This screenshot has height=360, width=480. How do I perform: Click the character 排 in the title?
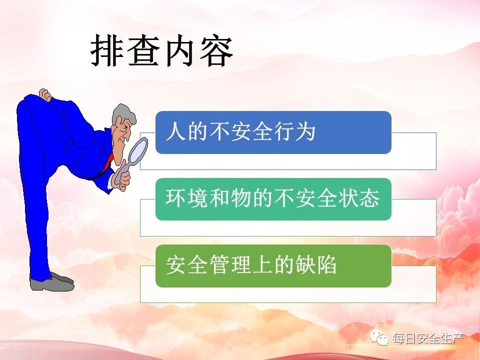107,50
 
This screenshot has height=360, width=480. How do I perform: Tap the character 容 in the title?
216,50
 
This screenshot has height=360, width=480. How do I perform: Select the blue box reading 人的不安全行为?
273,132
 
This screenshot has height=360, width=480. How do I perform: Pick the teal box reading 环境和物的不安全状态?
273,199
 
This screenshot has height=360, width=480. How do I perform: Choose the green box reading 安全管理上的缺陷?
273,265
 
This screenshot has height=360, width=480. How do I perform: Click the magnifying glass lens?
138,150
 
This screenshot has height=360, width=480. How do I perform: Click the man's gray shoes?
52,282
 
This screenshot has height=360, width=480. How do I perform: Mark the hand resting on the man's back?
45,95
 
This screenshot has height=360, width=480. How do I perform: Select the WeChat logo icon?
379,337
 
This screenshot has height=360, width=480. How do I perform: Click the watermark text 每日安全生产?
428,338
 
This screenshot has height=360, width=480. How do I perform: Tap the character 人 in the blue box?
175,131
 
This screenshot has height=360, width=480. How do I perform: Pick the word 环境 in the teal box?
186,198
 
